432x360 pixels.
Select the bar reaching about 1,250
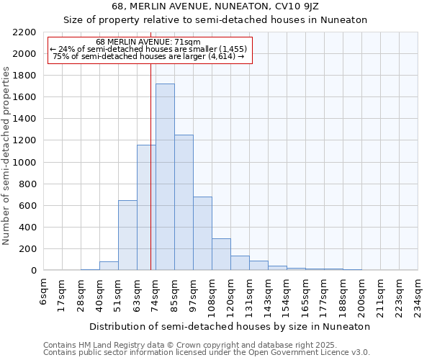pos(184,202)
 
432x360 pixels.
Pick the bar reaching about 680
pos(202,233)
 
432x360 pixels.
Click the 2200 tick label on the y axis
pos(24,32)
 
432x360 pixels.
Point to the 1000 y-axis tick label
pos(24,163)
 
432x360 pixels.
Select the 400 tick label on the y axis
pos(28,228)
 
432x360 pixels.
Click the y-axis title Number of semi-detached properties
pos(7,156)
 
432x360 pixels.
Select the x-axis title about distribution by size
pos(230,326)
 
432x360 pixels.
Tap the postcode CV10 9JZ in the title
pos(310,6)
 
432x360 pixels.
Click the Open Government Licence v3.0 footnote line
pos(207,352)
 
